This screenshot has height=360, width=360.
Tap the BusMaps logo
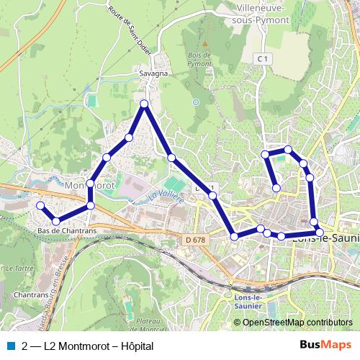325,345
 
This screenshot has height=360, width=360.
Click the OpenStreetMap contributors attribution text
297,323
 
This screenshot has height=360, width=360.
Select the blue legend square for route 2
9,345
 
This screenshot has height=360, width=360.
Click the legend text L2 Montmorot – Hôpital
88,345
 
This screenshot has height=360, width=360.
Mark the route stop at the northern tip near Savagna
144,104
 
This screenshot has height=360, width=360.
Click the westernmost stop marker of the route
40,206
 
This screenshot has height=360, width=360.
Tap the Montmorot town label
86,184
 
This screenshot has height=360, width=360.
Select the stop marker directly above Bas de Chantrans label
56,220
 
